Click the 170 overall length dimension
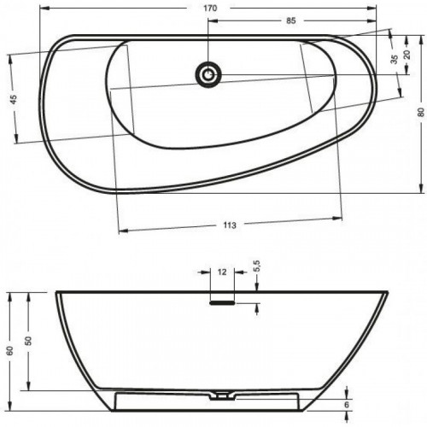coord(210,9)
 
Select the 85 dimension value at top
coord(291,20)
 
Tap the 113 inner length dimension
coord(230,225)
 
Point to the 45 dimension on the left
coord(14,99)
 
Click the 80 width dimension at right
coord(421,112)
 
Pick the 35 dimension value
coord(394,59)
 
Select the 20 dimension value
coord(407,54)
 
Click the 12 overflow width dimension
coord(222,272)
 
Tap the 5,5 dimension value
coord(257,266)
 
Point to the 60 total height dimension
coord(9,351)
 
